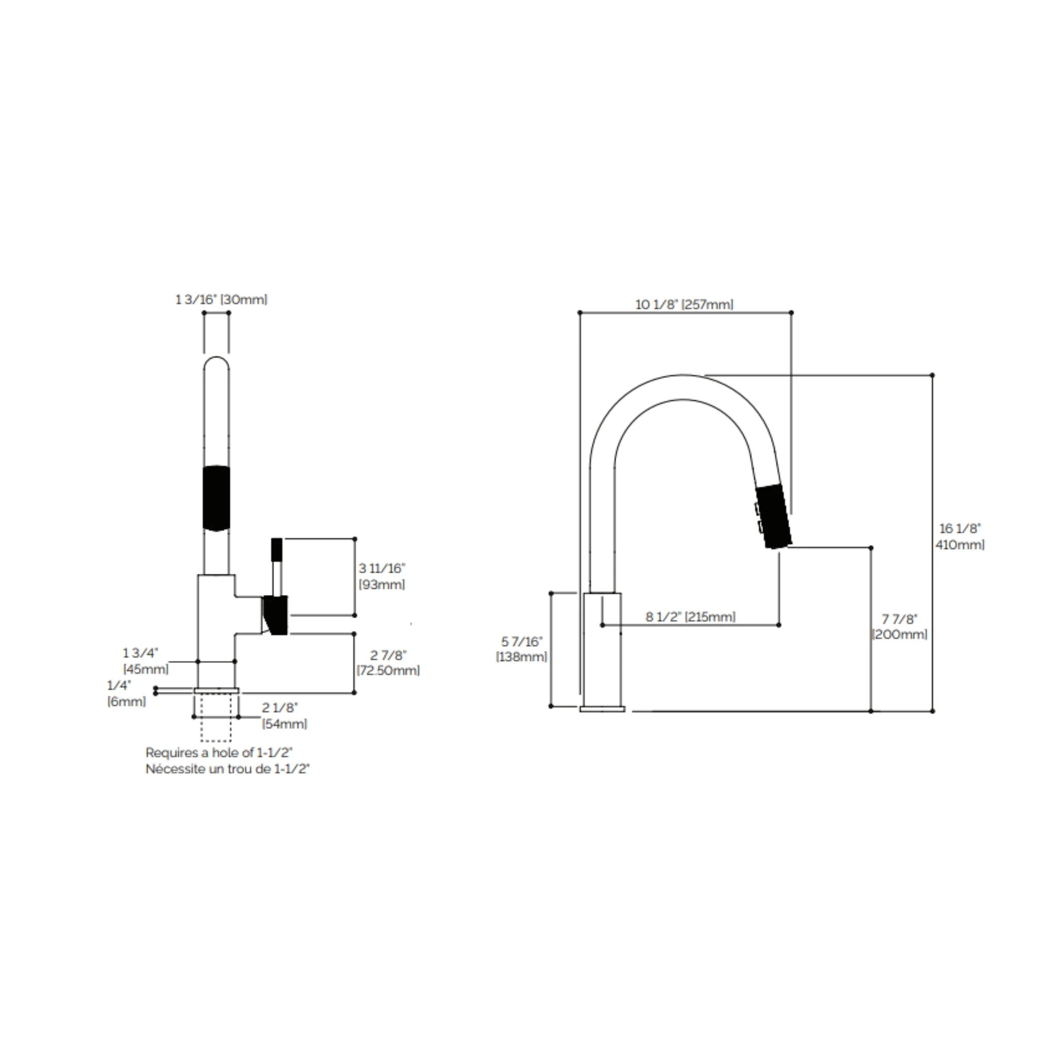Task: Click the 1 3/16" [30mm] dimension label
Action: click(221, 300)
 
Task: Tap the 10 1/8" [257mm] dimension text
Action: click(684, 305)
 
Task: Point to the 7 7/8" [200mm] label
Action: click(899, 627)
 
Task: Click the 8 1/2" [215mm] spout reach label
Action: click(691, 617)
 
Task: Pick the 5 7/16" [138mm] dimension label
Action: click(521, 649)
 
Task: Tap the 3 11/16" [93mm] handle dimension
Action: click(382, 576)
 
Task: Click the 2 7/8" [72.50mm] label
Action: click(388, 662)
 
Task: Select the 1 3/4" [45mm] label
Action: click(145, 661)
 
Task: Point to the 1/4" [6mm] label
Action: click(126, 693)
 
